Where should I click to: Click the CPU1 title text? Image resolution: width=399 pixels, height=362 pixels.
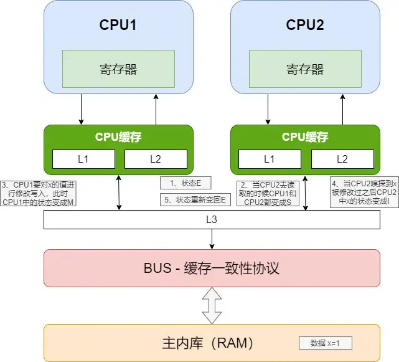[118, 26]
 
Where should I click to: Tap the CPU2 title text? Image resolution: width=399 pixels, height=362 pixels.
[305, 26]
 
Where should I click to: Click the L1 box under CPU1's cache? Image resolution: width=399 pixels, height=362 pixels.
[83, 159]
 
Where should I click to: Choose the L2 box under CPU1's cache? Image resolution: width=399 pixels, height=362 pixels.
[155, 159]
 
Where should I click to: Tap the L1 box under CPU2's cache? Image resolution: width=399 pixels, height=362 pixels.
[270, 159]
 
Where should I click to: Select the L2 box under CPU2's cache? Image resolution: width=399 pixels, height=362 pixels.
[342, 159]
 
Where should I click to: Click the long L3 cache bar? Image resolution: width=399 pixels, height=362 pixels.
[212, 220]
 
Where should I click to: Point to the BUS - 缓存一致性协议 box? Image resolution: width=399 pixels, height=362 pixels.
[212, 269]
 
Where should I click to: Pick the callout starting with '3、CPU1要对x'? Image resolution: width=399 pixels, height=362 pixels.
[39, 193]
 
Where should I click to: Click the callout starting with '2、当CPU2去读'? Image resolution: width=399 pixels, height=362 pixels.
[269, 193]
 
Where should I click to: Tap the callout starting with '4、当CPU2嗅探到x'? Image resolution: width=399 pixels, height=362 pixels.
[364, 193]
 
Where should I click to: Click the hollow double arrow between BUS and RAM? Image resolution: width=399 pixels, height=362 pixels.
[212, 305]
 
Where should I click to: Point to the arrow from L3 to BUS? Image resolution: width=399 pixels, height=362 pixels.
[212, 239]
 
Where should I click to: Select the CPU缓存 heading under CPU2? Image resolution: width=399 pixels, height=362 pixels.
[305, 136]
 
